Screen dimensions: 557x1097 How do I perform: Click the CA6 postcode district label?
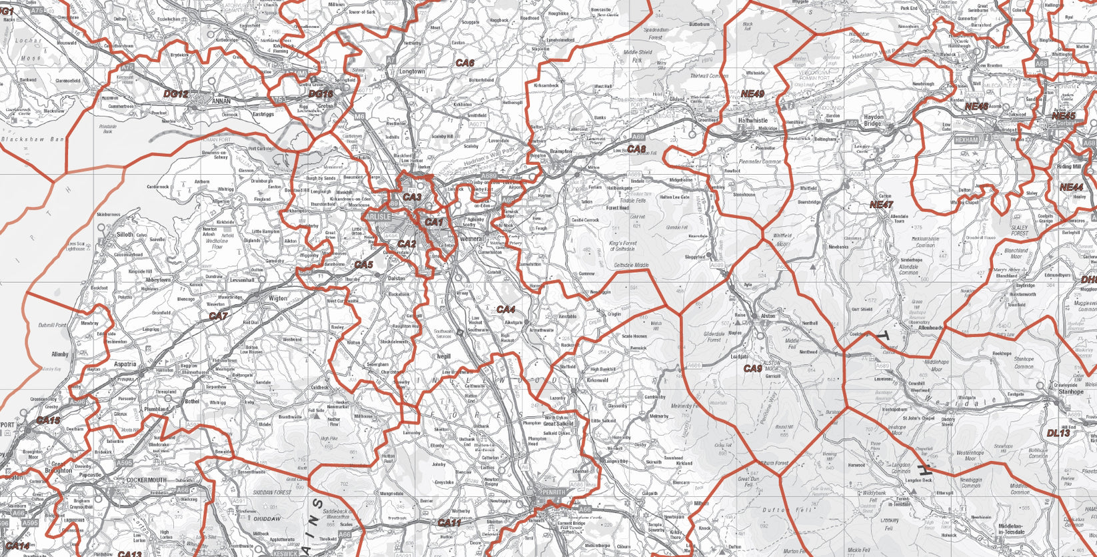click(465, 63)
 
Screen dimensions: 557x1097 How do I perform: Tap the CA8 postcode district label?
click(636, 149)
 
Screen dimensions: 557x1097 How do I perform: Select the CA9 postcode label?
click(752, 368)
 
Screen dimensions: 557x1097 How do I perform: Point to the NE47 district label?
click(880, 204)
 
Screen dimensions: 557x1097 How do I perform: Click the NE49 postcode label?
click(752, 94)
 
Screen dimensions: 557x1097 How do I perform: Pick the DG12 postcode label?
click(176, 94)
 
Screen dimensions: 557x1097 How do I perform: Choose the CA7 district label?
click(218, 316)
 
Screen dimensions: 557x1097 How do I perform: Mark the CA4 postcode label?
click(506, 310)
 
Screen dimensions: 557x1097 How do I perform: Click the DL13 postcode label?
click(1058, 433)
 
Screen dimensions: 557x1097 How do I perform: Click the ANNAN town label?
click(221, 101)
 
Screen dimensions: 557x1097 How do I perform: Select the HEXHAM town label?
click(966, 141)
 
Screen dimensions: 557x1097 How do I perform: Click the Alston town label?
click(768, 316)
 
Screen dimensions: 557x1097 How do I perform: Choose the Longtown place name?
click(411, 71)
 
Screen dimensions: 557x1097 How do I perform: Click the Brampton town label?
click(560, 151)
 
